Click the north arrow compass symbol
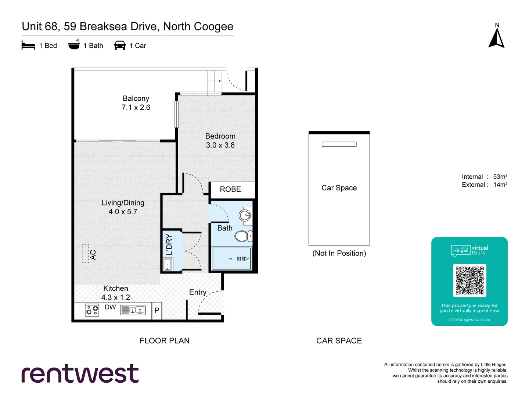496,39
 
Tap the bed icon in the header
28,45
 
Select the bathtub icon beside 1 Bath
74,45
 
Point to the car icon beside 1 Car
120,45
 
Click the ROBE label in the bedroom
230,189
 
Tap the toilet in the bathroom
242,236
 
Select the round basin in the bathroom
245,215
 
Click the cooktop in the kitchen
92,310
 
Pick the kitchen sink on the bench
136,310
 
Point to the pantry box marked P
157,310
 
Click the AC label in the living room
93,254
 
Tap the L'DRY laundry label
169,244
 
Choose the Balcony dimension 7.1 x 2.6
136,107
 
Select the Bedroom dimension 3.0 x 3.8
220,145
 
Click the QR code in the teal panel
469,280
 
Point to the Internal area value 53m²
500,177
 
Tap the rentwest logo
80,374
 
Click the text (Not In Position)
339,253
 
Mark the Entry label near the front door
198,292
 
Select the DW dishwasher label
110,307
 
